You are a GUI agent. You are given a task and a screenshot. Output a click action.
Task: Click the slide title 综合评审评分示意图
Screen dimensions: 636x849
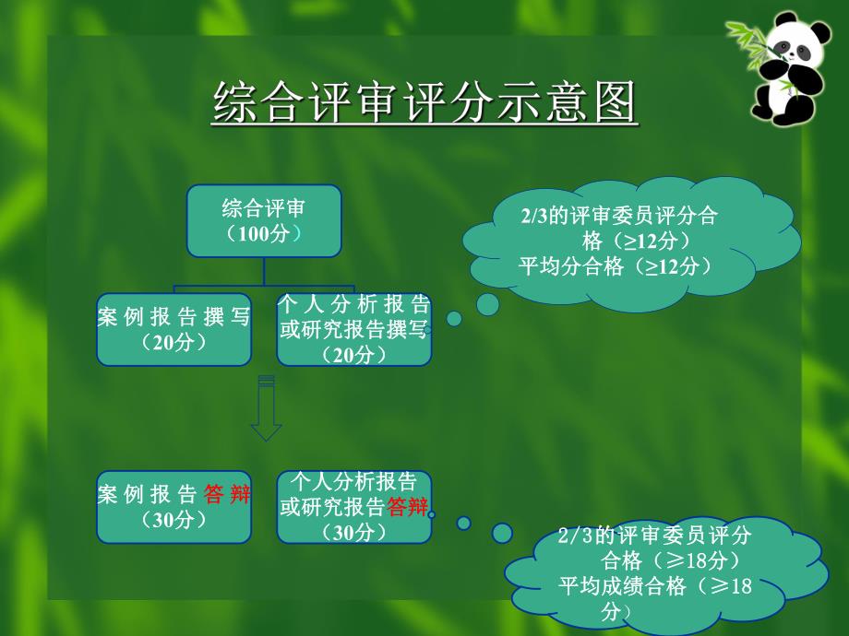tap(424, 101)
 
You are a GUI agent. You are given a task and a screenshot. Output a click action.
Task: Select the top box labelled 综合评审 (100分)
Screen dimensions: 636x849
tap(264, 220)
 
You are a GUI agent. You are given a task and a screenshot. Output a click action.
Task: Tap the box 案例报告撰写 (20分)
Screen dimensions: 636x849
tap(174, 329)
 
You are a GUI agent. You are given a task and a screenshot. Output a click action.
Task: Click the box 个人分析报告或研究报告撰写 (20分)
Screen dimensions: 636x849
tap(354, 329)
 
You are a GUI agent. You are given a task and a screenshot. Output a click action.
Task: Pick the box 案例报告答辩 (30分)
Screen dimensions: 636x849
tap(174, 507)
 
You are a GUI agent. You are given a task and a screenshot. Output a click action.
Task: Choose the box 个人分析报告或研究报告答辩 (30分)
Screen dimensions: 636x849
tap(354, 507)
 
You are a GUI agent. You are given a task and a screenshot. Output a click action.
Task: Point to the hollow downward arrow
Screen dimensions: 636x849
tap(266, 410)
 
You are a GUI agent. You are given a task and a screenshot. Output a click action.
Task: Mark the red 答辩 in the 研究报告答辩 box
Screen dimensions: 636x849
tap(408, 506)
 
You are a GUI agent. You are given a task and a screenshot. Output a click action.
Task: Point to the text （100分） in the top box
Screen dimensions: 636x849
tap(264, 234)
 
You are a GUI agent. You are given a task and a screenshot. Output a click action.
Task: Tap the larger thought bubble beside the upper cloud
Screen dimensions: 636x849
tap(487, 303)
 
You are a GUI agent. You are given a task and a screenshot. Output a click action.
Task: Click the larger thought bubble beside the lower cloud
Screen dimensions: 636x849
tap(502, 533)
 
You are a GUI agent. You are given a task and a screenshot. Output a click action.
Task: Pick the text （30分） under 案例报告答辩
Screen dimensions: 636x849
tap(174, 520)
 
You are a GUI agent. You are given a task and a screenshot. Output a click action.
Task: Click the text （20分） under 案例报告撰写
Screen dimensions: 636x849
tap(174, 342)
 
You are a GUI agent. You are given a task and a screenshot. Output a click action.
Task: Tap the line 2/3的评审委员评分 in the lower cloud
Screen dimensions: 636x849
tap(655, 536)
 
